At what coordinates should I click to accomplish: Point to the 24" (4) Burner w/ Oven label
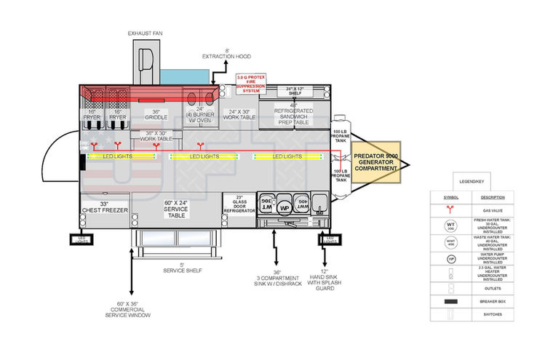click(x=199, y=113)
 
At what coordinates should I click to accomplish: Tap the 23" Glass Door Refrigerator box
click(x=239, y=204)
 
